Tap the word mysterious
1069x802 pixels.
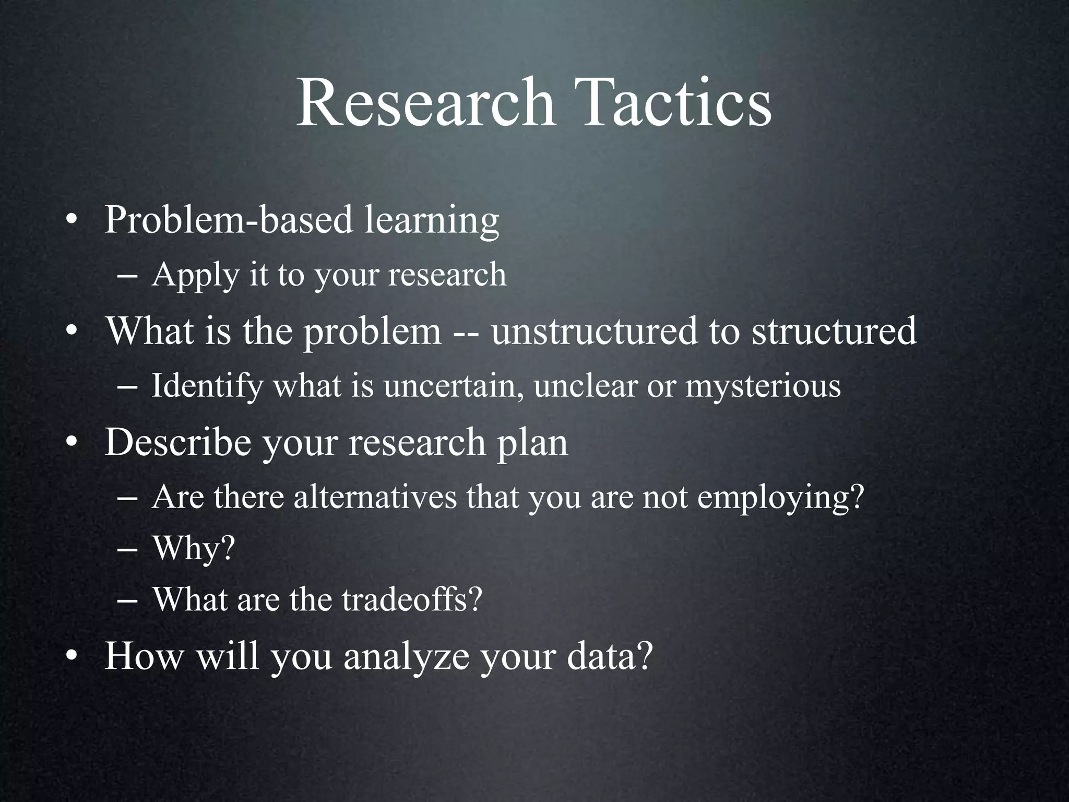click(x=763, y=387)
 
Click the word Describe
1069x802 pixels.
click(x=178, y=442)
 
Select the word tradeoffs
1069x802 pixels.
click(x=411, y=600)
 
